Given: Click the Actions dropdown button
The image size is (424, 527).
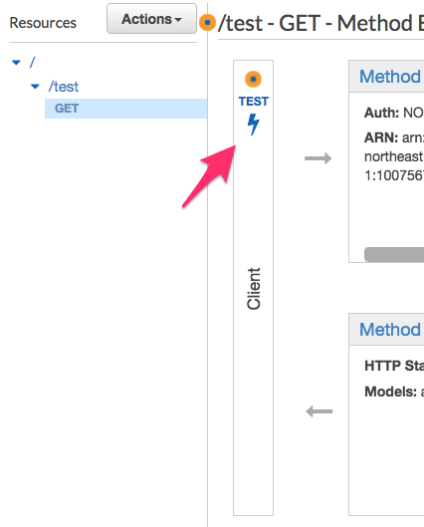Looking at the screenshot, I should [151, 19].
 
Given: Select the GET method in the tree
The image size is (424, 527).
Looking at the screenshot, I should [67, 109].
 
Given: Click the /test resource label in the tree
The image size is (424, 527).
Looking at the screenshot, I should [63, 87].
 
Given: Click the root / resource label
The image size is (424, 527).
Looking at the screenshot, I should [32, 63].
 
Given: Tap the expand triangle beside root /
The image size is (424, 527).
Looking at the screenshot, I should [16, 63].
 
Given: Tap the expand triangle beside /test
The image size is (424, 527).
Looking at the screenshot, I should [35, 87].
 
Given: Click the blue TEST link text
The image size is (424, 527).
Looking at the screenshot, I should [253, 102].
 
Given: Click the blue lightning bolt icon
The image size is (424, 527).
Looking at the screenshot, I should [253, 125].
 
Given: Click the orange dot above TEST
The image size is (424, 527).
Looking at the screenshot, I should [253, 79].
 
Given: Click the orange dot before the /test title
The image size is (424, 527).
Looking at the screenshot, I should [207, 22].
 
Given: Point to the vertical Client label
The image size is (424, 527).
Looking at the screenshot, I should [253, 288].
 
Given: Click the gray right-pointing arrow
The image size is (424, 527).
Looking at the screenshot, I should [318, 158].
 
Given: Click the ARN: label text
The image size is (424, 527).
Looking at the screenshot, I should [382, 137].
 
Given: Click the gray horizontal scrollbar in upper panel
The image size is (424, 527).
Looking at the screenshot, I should [393, 254].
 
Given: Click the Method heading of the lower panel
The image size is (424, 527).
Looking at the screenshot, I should [390, 329].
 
